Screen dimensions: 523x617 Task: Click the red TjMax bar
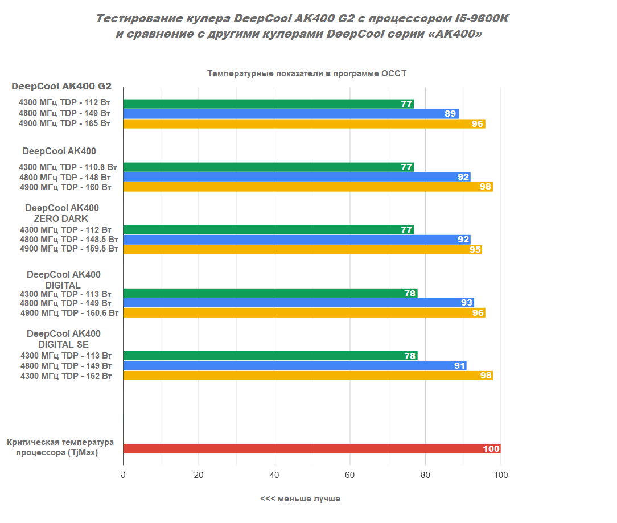pos(311,448)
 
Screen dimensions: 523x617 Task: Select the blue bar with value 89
pos(291,114)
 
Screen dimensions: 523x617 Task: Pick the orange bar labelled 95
pos(302,250)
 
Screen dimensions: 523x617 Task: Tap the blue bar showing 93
pos(298,303)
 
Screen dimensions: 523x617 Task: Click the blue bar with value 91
pos(295,365)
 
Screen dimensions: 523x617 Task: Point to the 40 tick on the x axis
pos(274,475)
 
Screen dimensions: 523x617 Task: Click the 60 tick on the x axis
pos(349,475)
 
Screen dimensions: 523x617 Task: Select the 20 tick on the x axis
pos(199,475)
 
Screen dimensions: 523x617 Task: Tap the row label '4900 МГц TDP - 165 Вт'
pos(64,123)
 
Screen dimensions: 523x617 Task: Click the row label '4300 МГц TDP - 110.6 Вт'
pos(68,167)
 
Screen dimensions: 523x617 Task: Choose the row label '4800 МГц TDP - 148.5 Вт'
pos(69,240)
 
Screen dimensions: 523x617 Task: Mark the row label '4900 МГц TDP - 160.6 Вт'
pos(69,313)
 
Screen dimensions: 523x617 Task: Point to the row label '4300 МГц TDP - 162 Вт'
pos(66,376)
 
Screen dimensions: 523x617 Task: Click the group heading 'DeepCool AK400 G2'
pos(61,87)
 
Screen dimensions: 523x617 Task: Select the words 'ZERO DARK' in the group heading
pos(62,219)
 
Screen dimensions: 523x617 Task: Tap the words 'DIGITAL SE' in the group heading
pos(63,344)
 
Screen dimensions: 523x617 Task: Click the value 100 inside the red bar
pos(491,449)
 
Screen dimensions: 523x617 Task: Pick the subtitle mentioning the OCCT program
pos(307,73)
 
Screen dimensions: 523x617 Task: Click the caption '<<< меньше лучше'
pos(300,499)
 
